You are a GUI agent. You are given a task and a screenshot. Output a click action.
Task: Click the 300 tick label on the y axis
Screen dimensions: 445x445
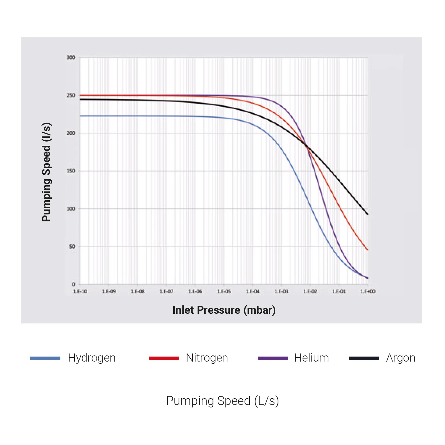pyautogui.click(x=71, y=58)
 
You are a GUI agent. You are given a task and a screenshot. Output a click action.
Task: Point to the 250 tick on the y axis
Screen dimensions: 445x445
pyautogui.click(x=71, y=95)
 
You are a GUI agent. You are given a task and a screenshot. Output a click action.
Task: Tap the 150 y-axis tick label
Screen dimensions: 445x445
pyautogui.click(x=71, y=171)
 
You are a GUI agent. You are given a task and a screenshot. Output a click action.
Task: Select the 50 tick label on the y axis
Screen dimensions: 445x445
pyautogui.click(x=72, y=246)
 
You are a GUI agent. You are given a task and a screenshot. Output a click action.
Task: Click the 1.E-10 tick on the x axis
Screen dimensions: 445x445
pyautogui.click(x=80, y=291)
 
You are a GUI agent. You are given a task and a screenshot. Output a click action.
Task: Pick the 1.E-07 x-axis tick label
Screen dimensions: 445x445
pyautogui.click(x=166, y=291)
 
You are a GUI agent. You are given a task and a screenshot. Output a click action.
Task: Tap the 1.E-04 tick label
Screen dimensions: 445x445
pyautogui.click(x=253, y=291)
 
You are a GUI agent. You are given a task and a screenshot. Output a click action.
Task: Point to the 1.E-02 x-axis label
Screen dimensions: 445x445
pyautogui.click(x=310, y=291)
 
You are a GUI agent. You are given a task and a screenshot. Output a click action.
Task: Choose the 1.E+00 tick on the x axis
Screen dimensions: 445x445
pyautogui.click(x=368, y=291)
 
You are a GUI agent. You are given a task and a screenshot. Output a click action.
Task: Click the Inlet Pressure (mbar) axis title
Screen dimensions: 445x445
pyautogui.click(x=224, y=310)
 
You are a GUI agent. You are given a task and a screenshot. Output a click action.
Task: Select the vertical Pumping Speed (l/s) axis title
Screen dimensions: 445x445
pyautogui.click(x=46, y=172)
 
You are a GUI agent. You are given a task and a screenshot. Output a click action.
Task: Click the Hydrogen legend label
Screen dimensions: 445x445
pyautogui.click(x=92, y=358)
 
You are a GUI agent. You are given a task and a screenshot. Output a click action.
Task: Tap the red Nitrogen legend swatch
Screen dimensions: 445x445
pyautogui.click(x=164, y=359)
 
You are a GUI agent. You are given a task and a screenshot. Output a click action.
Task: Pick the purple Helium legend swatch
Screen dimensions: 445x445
pyautogui.click(x=273, y=359)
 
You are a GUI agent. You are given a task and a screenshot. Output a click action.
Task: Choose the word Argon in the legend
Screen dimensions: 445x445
pyautogui.click(x=400, y=358)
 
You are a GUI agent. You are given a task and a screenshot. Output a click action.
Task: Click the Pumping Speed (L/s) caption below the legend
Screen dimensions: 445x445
pyautogui.click(x=222, y=401)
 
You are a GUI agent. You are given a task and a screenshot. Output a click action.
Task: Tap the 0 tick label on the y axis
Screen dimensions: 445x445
pyautogui.click(x=73, y=284)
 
